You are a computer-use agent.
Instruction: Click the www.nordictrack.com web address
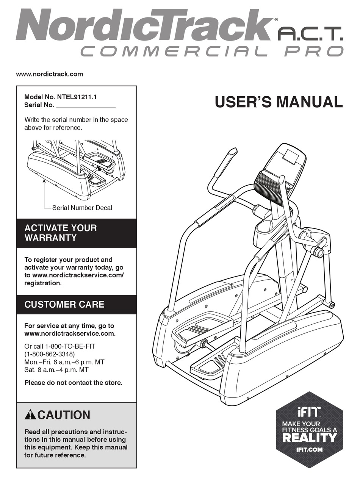(x=49, y=74)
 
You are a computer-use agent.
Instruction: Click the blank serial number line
(x=85, y=106)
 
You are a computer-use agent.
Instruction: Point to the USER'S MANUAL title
(x=279, y=102)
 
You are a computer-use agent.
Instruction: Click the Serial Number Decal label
(x=82, y=208)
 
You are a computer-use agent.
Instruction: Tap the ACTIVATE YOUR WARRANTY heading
(x=61, y=233)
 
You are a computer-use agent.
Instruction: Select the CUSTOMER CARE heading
(x=64, y=304)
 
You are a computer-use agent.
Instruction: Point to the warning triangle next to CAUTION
(x=31, y=415)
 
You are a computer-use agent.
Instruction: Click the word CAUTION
(x=64, y=415)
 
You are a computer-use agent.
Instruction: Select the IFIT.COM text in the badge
(x=310, y=450)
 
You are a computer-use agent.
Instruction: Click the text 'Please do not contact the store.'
(x=74, y=383)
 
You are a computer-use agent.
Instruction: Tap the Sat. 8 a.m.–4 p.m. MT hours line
(x=56, y=370)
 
